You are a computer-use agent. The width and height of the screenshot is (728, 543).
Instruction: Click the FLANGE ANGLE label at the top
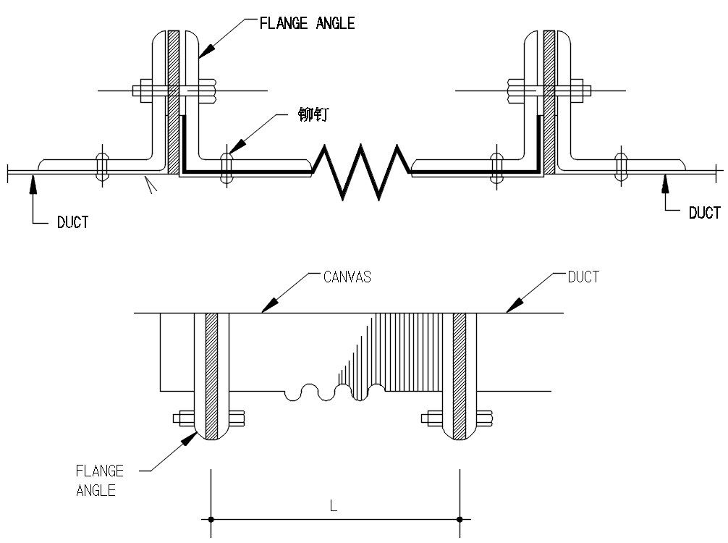(x=307, y=23)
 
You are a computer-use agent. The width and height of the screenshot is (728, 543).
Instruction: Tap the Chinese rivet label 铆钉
(x=313, y=114)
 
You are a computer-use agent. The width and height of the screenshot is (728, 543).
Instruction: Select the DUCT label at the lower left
(x=72, y=222)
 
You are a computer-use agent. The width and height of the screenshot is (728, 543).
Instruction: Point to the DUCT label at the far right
(x=705, y=213)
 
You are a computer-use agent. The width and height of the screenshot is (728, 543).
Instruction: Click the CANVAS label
(x=347, y=277)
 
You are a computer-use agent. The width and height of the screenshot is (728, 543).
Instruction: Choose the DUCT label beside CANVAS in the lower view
(x=583, y=277)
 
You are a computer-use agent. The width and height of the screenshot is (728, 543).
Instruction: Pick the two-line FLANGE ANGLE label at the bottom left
(x=100, y=481)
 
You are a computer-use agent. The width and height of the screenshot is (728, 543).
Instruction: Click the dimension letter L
(x=334, y=505)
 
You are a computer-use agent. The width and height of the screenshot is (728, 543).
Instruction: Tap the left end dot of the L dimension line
(x=211, y=519)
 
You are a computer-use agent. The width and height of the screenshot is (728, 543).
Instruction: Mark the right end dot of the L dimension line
(x=460, y=519)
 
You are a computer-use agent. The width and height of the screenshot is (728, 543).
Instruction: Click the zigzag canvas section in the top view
(x=361, y=172)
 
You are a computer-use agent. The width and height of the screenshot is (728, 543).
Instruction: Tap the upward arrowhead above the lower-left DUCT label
(x=33, y=185)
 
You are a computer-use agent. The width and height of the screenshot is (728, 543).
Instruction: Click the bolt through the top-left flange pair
(x=175, y=90)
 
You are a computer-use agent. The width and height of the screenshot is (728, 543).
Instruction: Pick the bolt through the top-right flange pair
(x=549, y=90)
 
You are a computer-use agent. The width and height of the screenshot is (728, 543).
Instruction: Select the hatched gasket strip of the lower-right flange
(x=460, y=376)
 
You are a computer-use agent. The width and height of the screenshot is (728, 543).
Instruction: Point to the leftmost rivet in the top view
(x=102, y=167)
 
